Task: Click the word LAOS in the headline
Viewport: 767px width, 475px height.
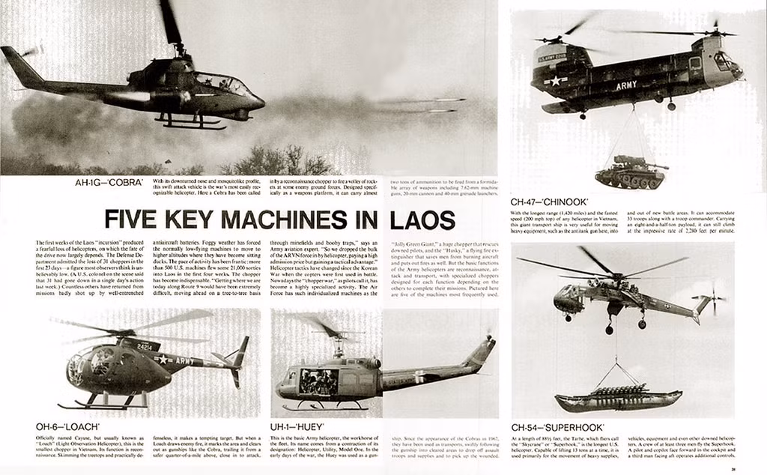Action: tap(423, 220)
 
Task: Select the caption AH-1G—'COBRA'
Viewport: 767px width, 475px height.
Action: tap(110, 183)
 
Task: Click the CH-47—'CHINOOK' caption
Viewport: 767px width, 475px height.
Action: tap(549, 202)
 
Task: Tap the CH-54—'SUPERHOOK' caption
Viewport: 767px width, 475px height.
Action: tap(558, 427)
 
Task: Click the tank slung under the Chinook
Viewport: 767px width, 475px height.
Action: tap(630, 173)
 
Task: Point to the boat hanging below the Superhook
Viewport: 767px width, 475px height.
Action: tap(608, 397)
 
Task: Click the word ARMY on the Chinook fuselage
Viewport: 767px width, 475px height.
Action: tap(626, 85)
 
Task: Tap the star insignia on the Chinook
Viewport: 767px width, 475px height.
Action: tap(555, 80)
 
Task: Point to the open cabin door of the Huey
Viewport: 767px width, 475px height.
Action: tap(318, 381)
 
